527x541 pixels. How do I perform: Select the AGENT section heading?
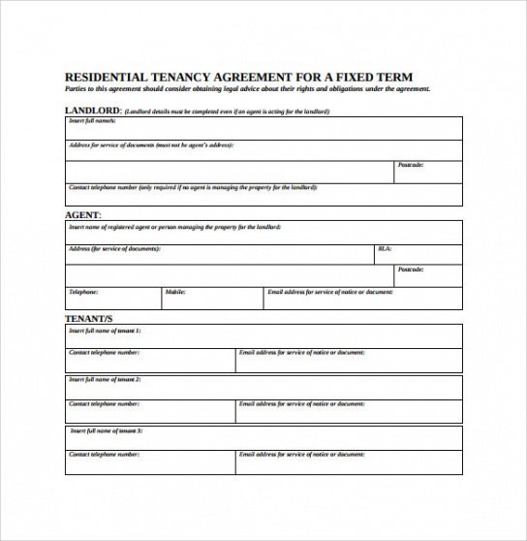[82, 214]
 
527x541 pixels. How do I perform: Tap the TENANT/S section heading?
[89, 318]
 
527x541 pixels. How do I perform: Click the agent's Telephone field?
[112, 298]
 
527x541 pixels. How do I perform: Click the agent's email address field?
[363, 298]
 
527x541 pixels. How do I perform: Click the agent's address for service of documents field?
[219, 254]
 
